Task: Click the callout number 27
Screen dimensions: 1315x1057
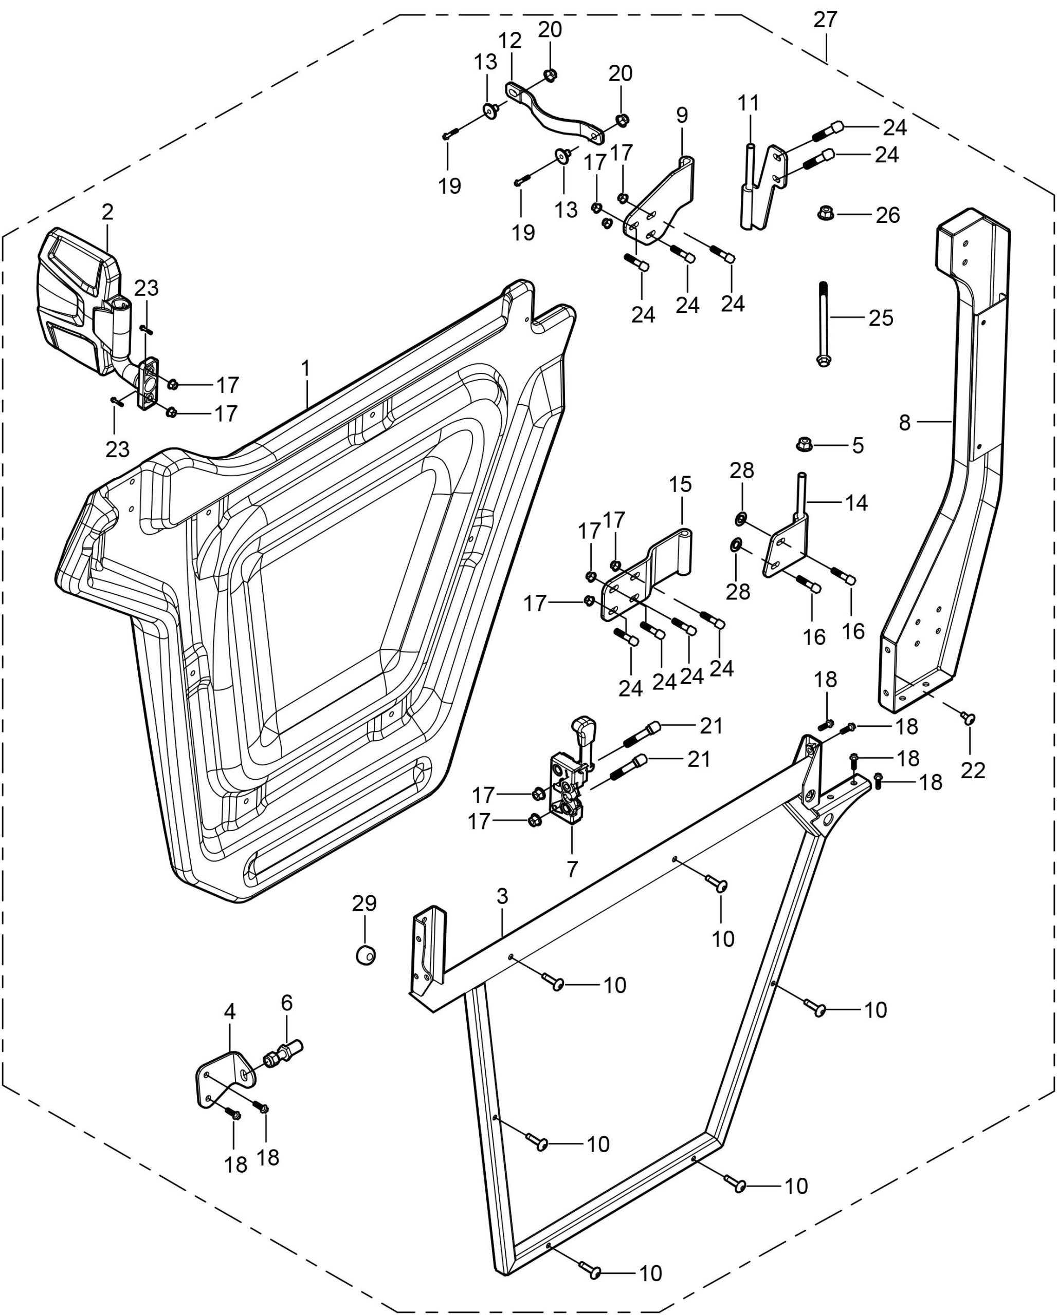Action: click(x=825, y=20)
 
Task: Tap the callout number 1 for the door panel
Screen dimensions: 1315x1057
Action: click(x=306, y=368)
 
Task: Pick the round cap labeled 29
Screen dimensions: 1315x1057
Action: click(x=366, y=954)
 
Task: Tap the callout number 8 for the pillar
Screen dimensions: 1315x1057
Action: click(x=904, y=422)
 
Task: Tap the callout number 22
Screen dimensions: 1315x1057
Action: click(x=973, y=771)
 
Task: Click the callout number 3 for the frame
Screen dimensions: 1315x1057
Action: click(x=502, y=896)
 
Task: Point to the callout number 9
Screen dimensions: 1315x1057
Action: click(x=682, y=115)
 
